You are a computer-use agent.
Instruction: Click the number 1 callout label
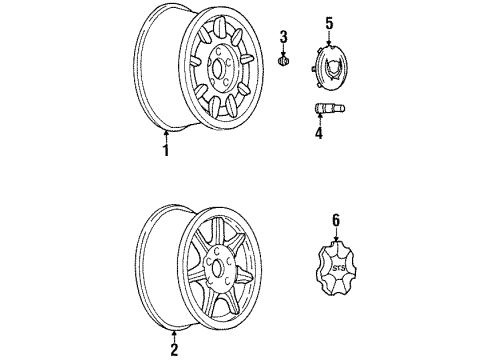click(x=167, y=151)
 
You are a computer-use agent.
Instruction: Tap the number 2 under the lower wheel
click(x=175, y=348)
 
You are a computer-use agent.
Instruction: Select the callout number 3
click(x=284, y=37)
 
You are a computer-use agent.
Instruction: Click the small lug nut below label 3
click(x=284, y=62)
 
